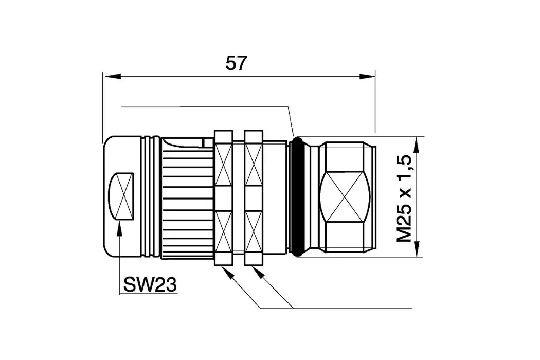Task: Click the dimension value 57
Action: pos(237,63)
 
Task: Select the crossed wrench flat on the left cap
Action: pos(121,196)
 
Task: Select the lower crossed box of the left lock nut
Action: pos(224,231)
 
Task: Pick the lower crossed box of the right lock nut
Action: pos(254,231)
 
